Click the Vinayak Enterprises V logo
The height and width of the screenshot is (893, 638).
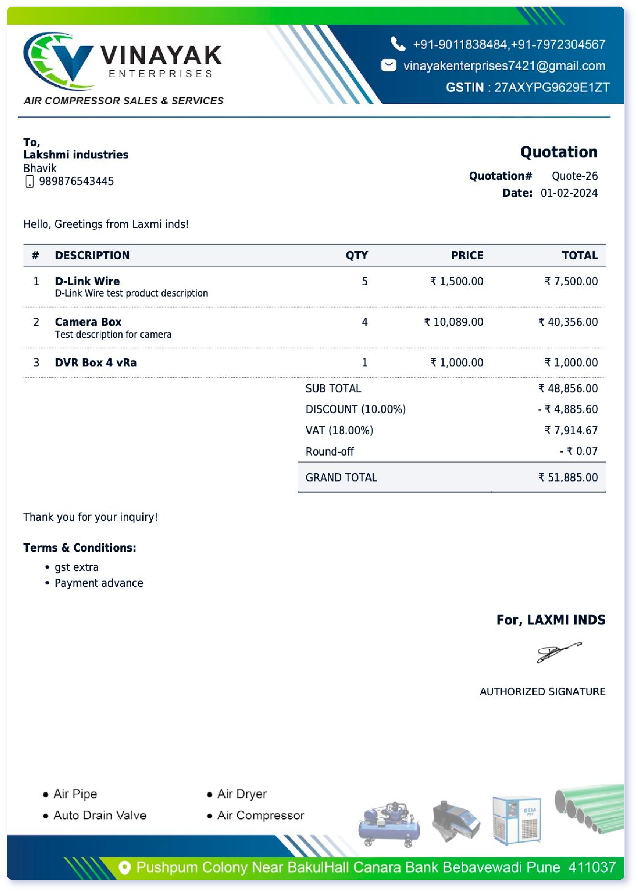[59, 61]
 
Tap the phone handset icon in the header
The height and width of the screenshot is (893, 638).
[397, 44]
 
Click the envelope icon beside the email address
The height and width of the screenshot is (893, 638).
[389, 65]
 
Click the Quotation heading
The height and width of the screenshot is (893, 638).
[558, 152]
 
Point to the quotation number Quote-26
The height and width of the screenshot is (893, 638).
[574, 176]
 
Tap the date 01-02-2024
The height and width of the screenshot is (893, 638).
[569, 193]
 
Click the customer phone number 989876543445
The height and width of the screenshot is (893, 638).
[76, 182]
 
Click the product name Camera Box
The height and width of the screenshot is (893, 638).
[88, 322]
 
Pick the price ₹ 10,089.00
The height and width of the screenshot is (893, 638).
[454, 322]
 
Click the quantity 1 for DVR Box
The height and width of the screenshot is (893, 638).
[364, 363]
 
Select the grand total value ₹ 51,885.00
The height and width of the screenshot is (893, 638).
[568, 478]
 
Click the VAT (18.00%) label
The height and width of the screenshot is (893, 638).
[339, 430]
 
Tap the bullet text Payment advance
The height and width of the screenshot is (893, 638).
[99, 583]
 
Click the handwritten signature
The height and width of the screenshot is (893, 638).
[558, 652]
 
